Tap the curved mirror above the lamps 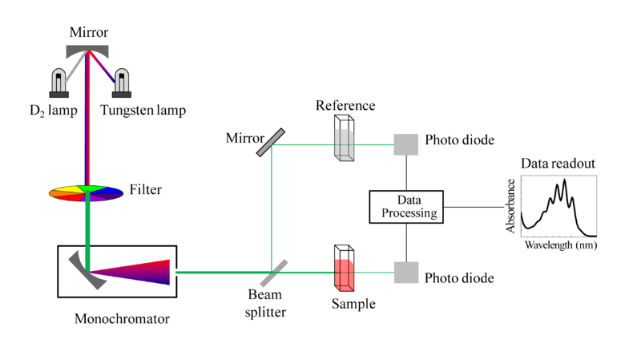87,51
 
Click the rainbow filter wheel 86,193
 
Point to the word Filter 146,189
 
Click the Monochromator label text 122,318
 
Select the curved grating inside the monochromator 85,271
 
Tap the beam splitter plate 274,273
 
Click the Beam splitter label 265,303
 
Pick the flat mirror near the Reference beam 271,143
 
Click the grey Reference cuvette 345,138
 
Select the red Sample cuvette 345,269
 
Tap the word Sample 353,304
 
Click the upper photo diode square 406,144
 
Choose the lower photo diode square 406,273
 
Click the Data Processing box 406,207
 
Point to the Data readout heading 558,164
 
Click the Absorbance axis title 510,206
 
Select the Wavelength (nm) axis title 561,245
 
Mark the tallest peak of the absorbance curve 565,180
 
